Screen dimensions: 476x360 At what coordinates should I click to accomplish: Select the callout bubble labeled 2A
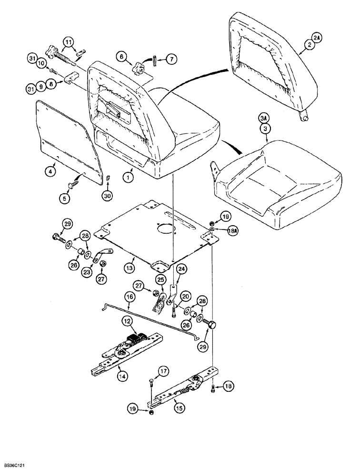[305, 36]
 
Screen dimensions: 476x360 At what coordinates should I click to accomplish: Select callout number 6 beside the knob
[123, 56]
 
